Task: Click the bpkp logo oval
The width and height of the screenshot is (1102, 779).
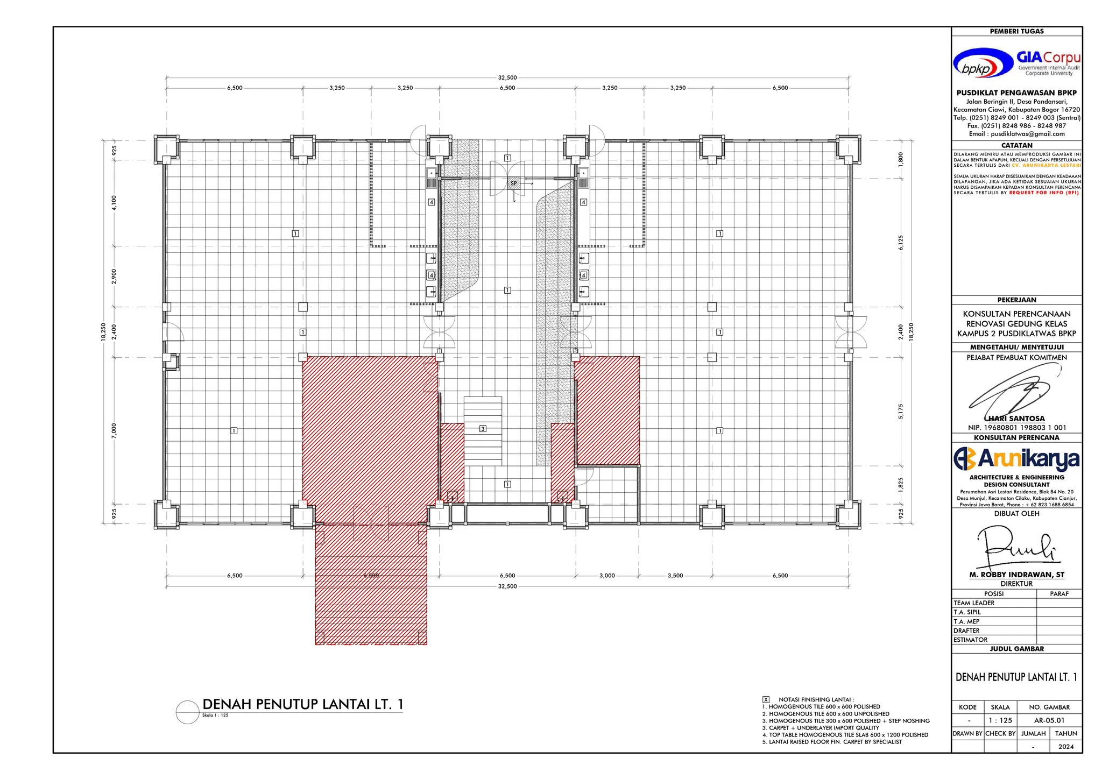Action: point(983,63)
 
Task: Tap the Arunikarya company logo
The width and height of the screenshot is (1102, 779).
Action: point(1016,458)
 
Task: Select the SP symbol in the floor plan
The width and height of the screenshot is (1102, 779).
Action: point(514,183)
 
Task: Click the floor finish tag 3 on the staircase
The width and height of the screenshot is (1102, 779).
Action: point(483,429)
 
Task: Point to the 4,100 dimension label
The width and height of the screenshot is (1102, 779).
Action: point(114,203)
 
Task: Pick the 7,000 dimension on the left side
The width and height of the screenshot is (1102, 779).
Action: point(114,430)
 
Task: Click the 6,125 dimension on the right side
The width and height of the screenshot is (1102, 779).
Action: point(901,243)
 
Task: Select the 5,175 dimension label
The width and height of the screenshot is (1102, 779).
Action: point(901,412)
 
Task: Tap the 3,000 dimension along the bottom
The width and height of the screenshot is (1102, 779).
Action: point(607,576)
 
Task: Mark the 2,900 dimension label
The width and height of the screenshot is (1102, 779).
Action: point(114,277)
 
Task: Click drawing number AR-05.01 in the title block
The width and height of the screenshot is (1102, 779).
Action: point(1049,720)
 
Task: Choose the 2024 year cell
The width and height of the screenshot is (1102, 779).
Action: point(1065,747)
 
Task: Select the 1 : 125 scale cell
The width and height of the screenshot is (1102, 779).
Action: point(1000,720)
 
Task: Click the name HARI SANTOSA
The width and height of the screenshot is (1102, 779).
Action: point(1016,419)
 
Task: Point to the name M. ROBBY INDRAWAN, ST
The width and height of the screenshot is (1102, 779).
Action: point(1016,575)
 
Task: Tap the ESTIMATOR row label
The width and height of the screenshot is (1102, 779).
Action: point(971,640)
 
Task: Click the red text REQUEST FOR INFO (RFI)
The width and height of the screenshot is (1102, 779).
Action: point(1044,193)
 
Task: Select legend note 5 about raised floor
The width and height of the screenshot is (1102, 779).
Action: point(832,742)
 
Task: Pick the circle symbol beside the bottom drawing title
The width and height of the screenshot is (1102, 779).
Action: point(187,712)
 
